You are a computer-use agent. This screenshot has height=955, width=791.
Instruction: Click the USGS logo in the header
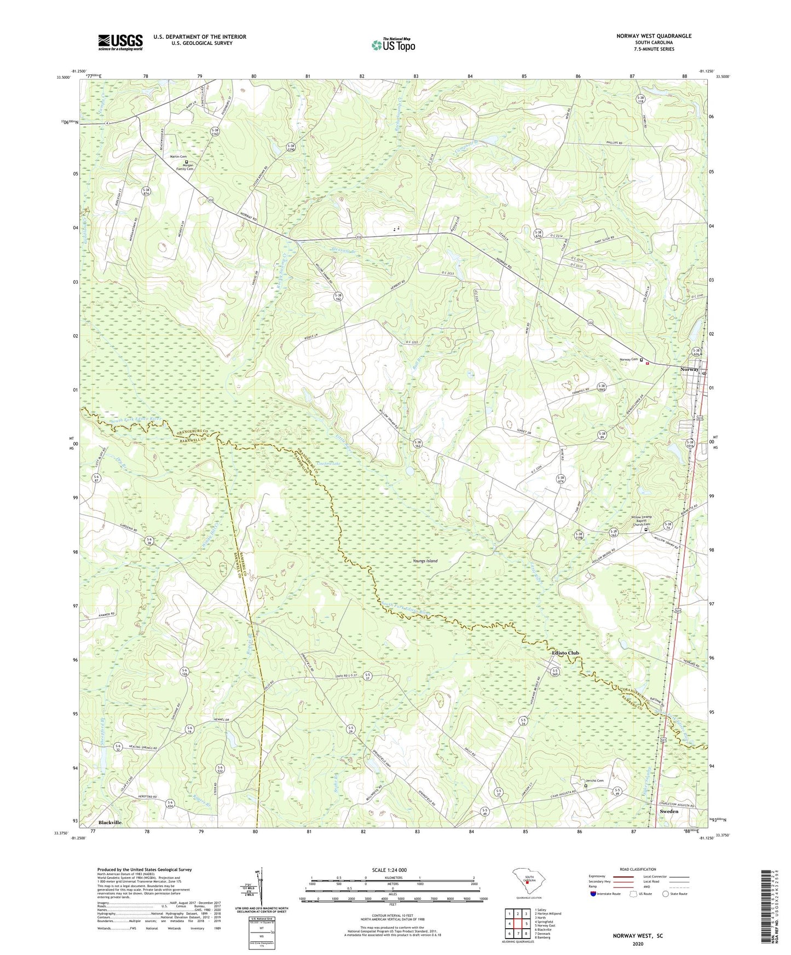click(120, 42)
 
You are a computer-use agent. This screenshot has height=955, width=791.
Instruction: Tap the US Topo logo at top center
click(392, 45)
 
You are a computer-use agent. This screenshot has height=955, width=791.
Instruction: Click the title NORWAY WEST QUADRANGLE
click(654, 36)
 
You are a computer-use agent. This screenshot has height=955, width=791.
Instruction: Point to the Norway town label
click(689, 370)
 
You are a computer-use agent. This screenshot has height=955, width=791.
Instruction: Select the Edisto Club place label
click(565, 653)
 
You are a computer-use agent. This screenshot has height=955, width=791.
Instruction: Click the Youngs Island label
click(425, 561)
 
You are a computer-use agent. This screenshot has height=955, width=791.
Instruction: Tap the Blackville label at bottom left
click(110, 823)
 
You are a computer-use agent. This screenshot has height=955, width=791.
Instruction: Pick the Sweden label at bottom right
click(669, 811)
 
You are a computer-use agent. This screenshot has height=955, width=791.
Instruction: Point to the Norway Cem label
click(628, 359)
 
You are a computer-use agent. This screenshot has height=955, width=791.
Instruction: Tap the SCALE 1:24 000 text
click(389, 870)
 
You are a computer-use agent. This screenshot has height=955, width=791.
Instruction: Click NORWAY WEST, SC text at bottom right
click(638, 936)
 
